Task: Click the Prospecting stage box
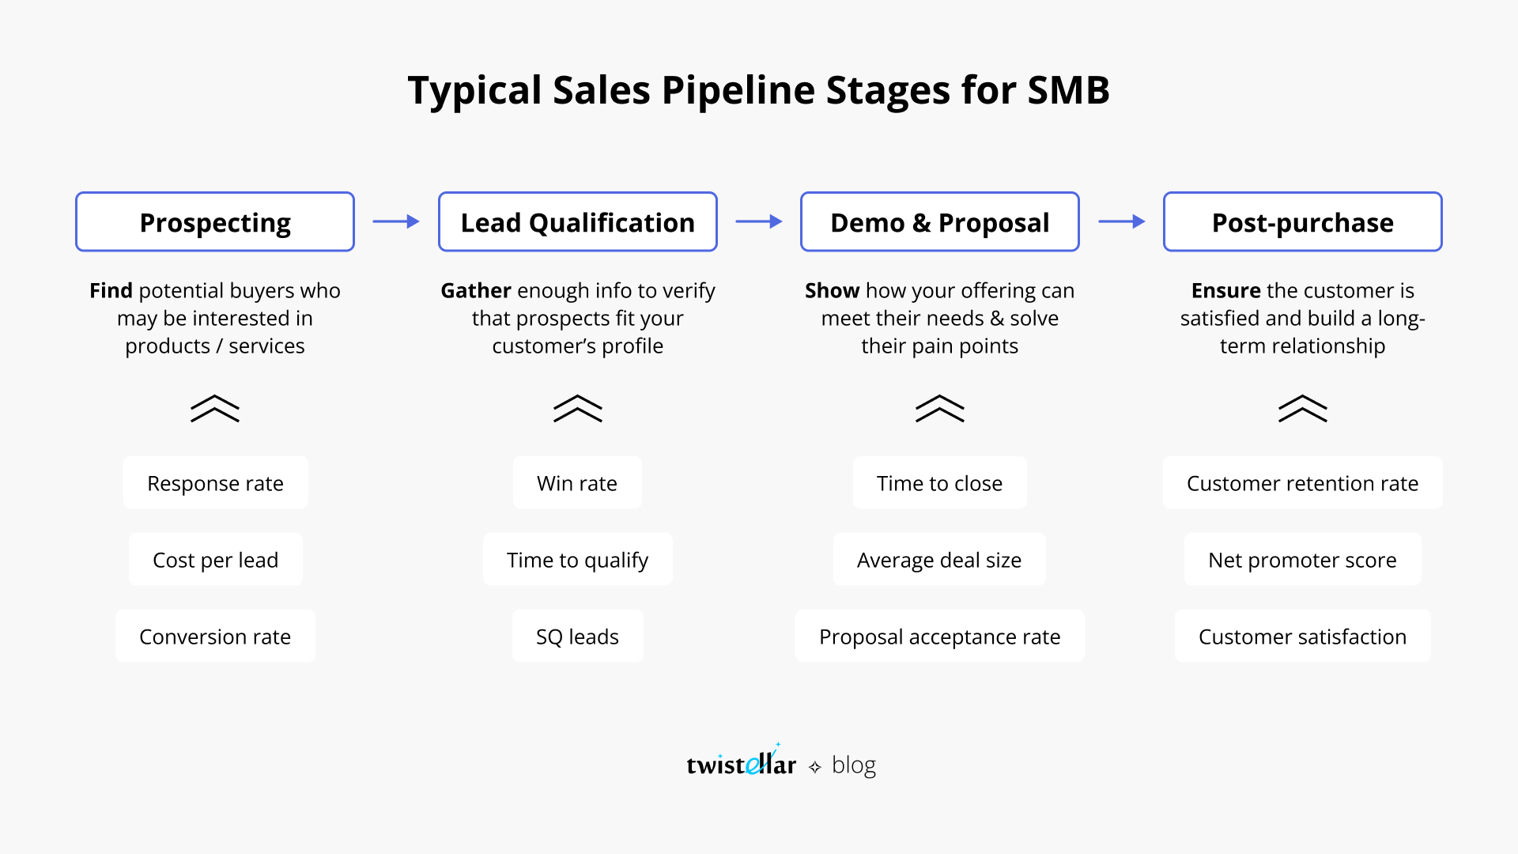215,222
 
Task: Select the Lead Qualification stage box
577,222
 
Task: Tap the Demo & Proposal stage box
939,222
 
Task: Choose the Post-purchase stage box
1302,222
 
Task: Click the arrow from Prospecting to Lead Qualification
396,222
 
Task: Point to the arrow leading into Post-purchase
1122,222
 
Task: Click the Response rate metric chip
215,483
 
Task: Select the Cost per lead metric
215,560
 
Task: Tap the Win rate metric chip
577,483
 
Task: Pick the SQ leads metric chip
577,637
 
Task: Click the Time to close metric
939,483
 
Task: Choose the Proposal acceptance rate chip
939,637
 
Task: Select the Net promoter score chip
1302,560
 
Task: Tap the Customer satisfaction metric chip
1302,637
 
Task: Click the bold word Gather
475,291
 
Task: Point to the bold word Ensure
1225,291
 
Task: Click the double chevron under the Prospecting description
215,409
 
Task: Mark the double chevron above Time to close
939,409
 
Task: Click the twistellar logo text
741,765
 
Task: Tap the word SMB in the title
1068,90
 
